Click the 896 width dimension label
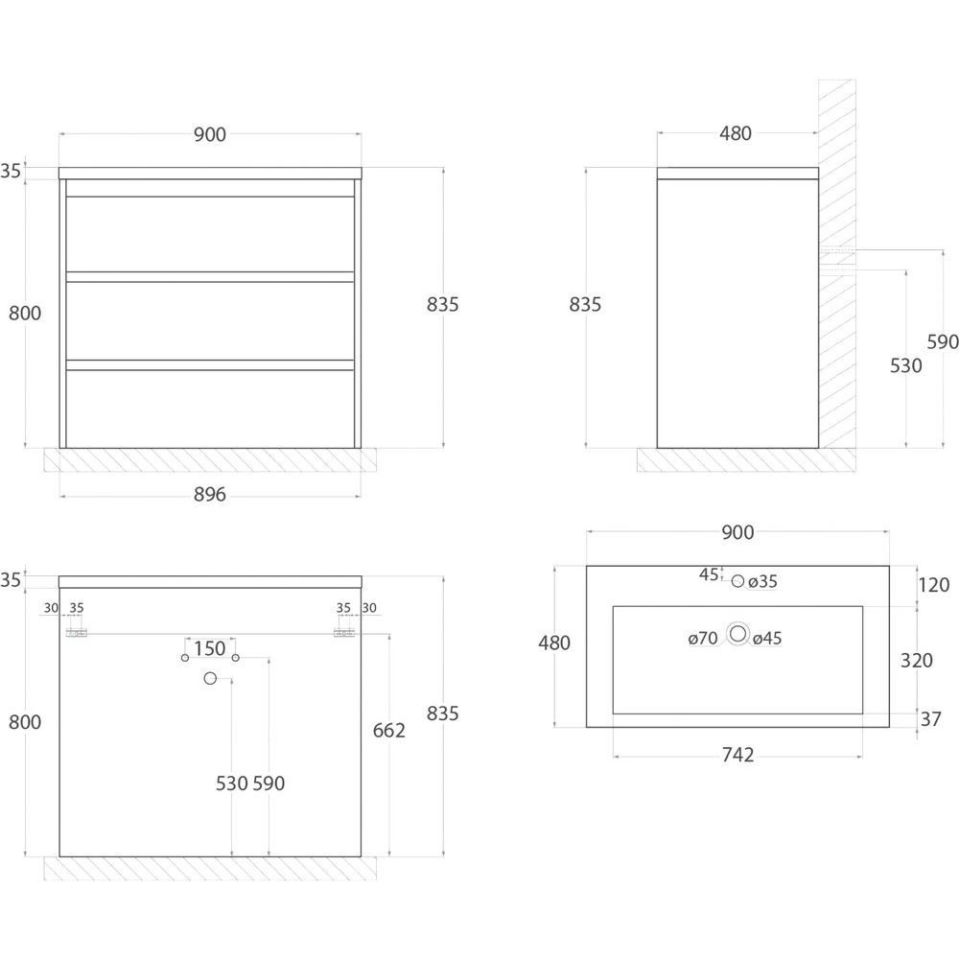[210, 494]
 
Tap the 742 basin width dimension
[737, 756]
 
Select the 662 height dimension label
[389, 730]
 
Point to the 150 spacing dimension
[210, 648]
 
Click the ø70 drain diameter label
[703, 639]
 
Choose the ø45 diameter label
[767, 639]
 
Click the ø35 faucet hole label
[762, 581]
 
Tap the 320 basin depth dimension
[916, 661]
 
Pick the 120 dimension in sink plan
[933, 585]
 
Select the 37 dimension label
[930, 719]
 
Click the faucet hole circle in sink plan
[737, 581]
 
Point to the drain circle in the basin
[738, 634]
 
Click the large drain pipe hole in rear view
[210, 678]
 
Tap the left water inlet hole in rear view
[185, 658]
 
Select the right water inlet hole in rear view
[236, 658]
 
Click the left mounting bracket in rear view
[77, 633]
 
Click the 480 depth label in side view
[736, 133]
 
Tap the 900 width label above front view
[210, 134]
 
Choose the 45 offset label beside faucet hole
[709, 574]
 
